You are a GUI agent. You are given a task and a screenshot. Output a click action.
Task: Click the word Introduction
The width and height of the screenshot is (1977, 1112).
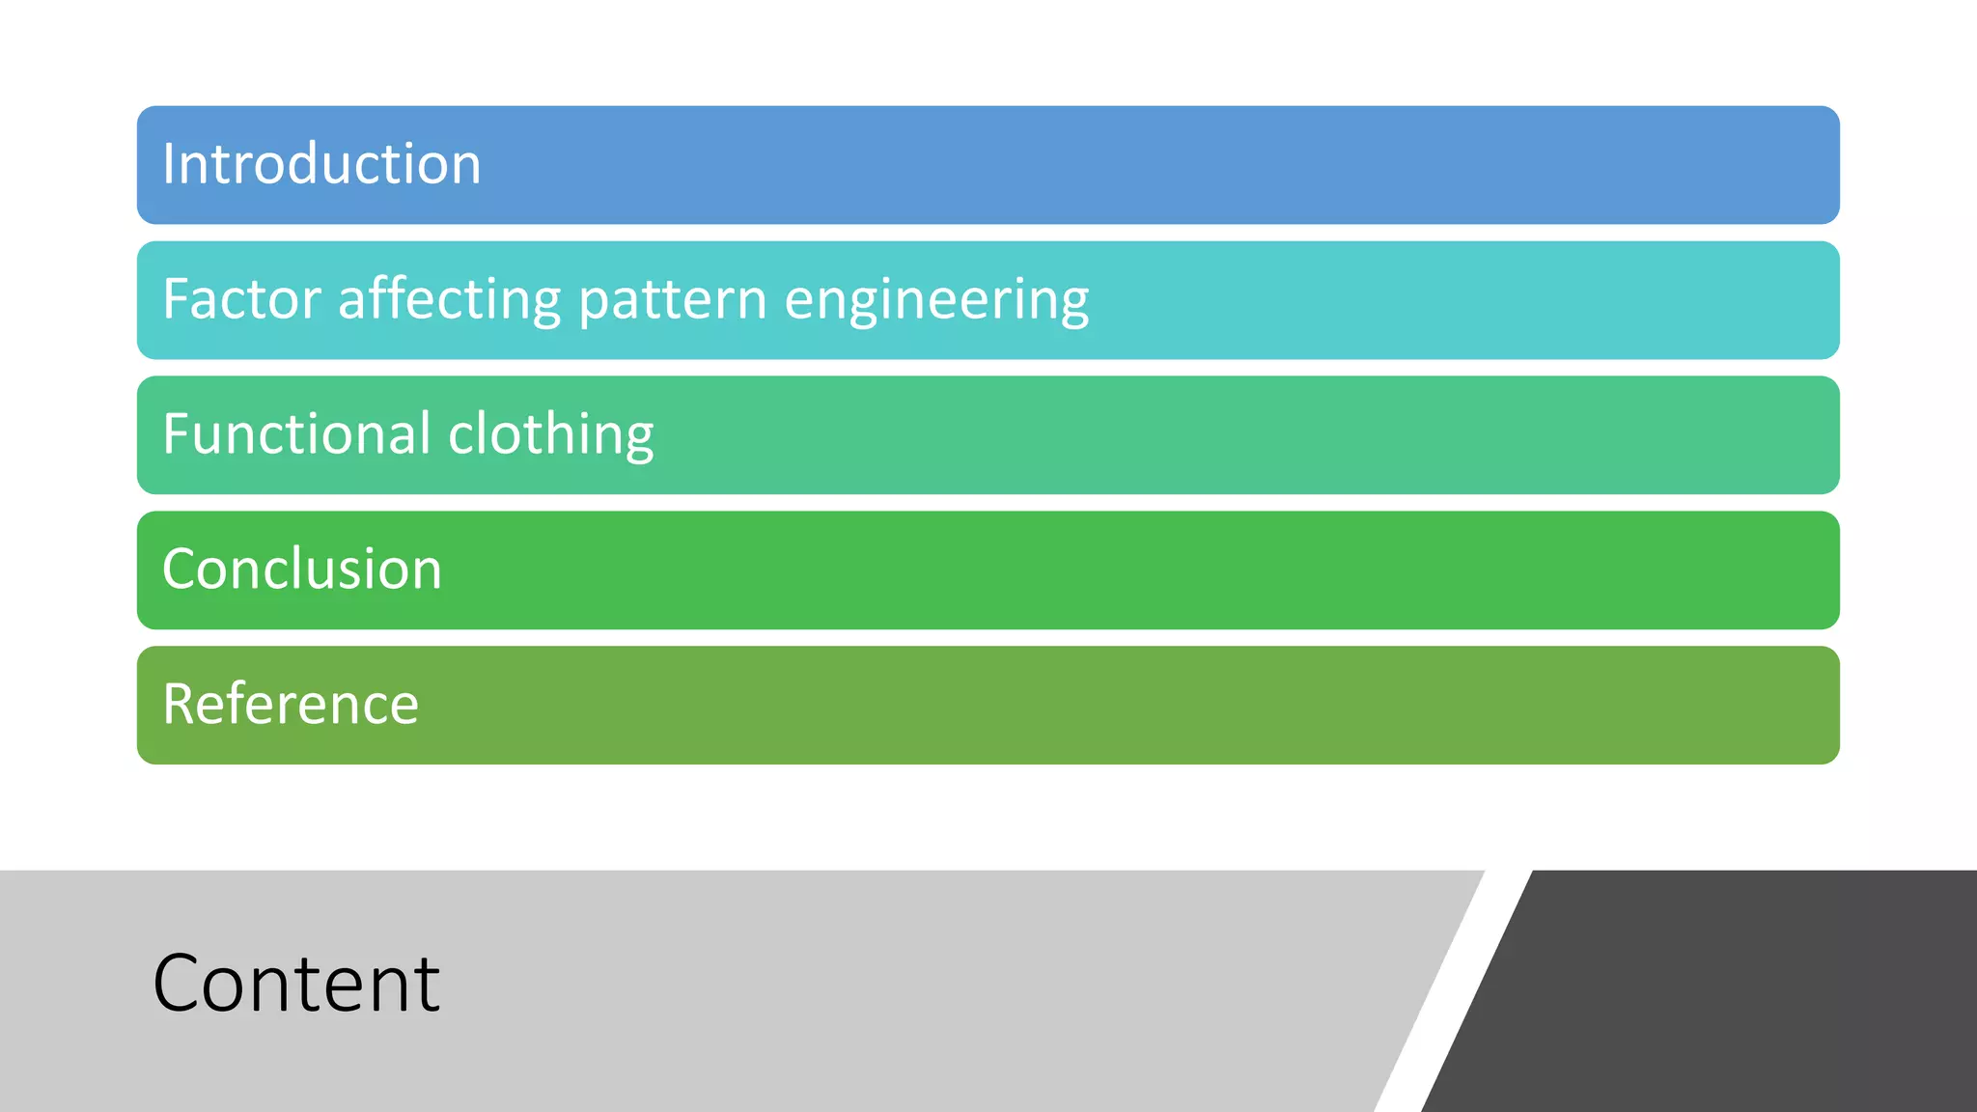[321, 164]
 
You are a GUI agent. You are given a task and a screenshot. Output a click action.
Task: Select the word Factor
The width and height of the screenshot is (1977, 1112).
[241, 299]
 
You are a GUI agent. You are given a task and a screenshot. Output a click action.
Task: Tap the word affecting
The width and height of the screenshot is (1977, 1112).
[449, 299]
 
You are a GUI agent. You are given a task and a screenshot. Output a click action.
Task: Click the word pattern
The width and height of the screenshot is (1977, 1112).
[672, 299]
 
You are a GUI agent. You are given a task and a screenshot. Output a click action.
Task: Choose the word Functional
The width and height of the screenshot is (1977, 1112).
[296, 434]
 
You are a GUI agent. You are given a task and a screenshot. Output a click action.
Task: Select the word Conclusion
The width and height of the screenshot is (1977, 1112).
[302, 570]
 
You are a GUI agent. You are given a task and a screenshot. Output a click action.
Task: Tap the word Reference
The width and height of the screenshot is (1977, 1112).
[291, 705]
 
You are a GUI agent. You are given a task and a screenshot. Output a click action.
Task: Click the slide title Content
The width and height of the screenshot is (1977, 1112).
[295, 984]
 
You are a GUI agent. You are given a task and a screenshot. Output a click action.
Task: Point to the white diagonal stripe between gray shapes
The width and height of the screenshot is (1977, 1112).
[1453, 994]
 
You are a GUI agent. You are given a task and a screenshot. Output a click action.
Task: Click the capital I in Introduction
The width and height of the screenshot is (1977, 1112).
[168, 164]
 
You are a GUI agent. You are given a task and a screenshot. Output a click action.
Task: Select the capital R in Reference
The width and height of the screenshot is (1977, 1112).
[179, 705]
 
